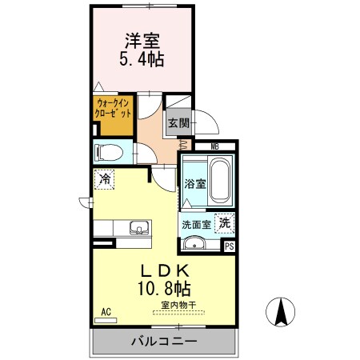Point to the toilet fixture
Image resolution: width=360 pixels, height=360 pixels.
click(108, 151)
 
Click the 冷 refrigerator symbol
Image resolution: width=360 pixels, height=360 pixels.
click(104, 181)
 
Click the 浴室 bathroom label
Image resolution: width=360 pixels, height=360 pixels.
click(195, 184)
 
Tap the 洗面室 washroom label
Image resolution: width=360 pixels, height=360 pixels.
click(195, 224)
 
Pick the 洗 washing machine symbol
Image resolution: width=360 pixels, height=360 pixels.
click(226, 224)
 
